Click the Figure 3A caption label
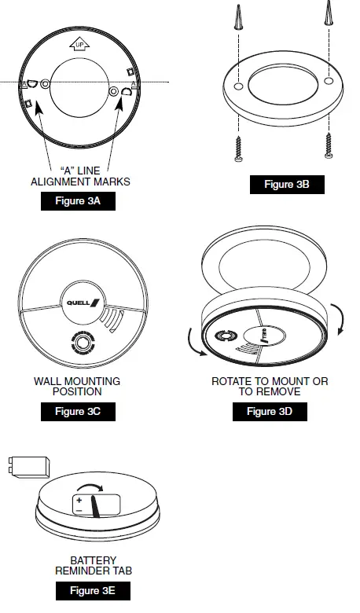click(79, 202)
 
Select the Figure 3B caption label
click(287, 185)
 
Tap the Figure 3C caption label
click(79, 411)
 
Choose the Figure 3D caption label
click(270, 411)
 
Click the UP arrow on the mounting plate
click(79, 44)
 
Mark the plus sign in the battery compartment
click(79, 500)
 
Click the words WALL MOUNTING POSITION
click(77, 386)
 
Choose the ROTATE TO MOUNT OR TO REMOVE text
click(270, 386)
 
